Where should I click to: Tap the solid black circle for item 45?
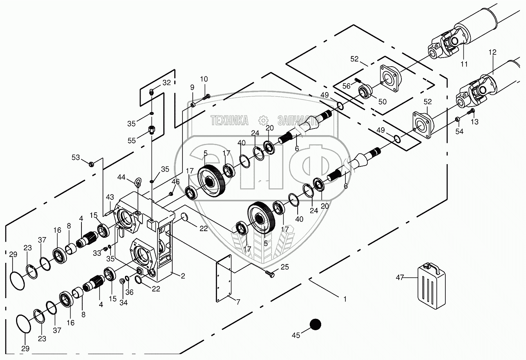315,324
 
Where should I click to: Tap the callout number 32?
166,83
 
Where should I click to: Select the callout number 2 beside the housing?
183,275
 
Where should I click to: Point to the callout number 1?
345,299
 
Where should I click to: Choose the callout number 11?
464,64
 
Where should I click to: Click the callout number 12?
492,52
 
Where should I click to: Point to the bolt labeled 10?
207,96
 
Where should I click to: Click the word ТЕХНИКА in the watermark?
230,120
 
